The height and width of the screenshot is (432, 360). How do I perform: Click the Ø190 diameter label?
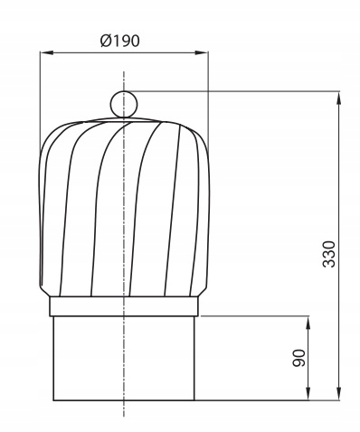[120, 41]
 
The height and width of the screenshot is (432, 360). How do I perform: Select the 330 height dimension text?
[328, 254]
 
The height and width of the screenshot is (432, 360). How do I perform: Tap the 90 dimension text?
[298, 358]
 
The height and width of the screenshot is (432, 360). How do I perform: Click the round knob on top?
[124, 104]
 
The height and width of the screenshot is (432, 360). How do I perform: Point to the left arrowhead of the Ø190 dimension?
[46, 52]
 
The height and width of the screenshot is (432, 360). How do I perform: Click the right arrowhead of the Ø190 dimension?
[202, 52]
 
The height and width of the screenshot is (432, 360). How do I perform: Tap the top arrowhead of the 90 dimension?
[308, 323]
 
